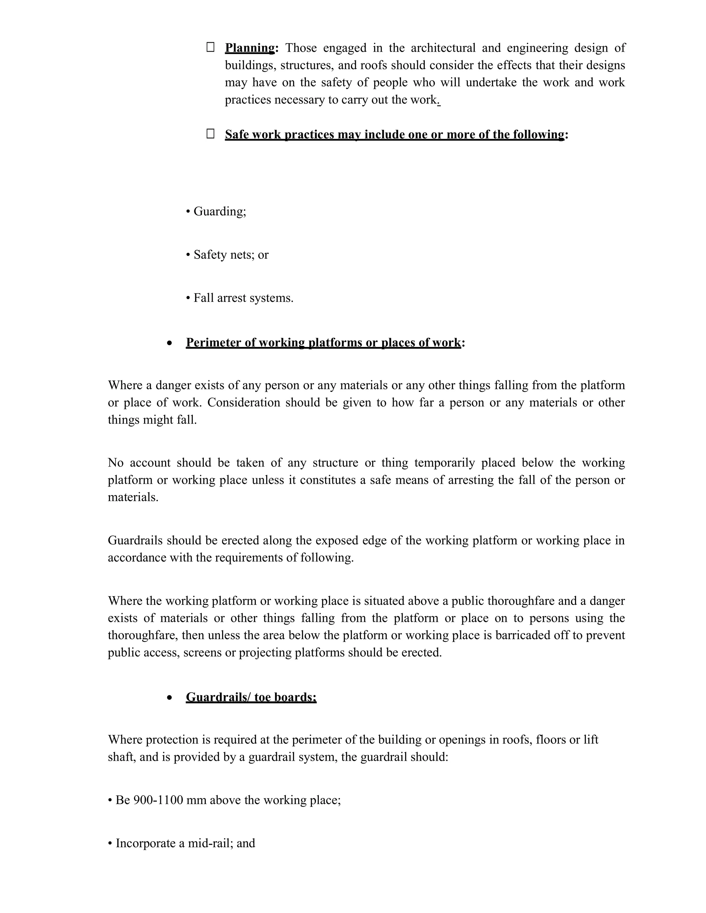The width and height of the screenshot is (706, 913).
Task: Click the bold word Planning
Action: coord(250,48)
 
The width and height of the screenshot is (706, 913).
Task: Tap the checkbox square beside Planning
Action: coord(210,47)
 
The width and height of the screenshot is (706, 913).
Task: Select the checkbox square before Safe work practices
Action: coord(210,134)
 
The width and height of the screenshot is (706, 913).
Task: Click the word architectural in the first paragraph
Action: coord(443,48)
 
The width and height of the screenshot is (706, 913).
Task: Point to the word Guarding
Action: coord(220,212)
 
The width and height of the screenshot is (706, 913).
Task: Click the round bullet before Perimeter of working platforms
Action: coord(169,343)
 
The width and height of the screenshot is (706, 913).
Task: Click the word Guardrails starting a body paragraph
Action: coord(135,541)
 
